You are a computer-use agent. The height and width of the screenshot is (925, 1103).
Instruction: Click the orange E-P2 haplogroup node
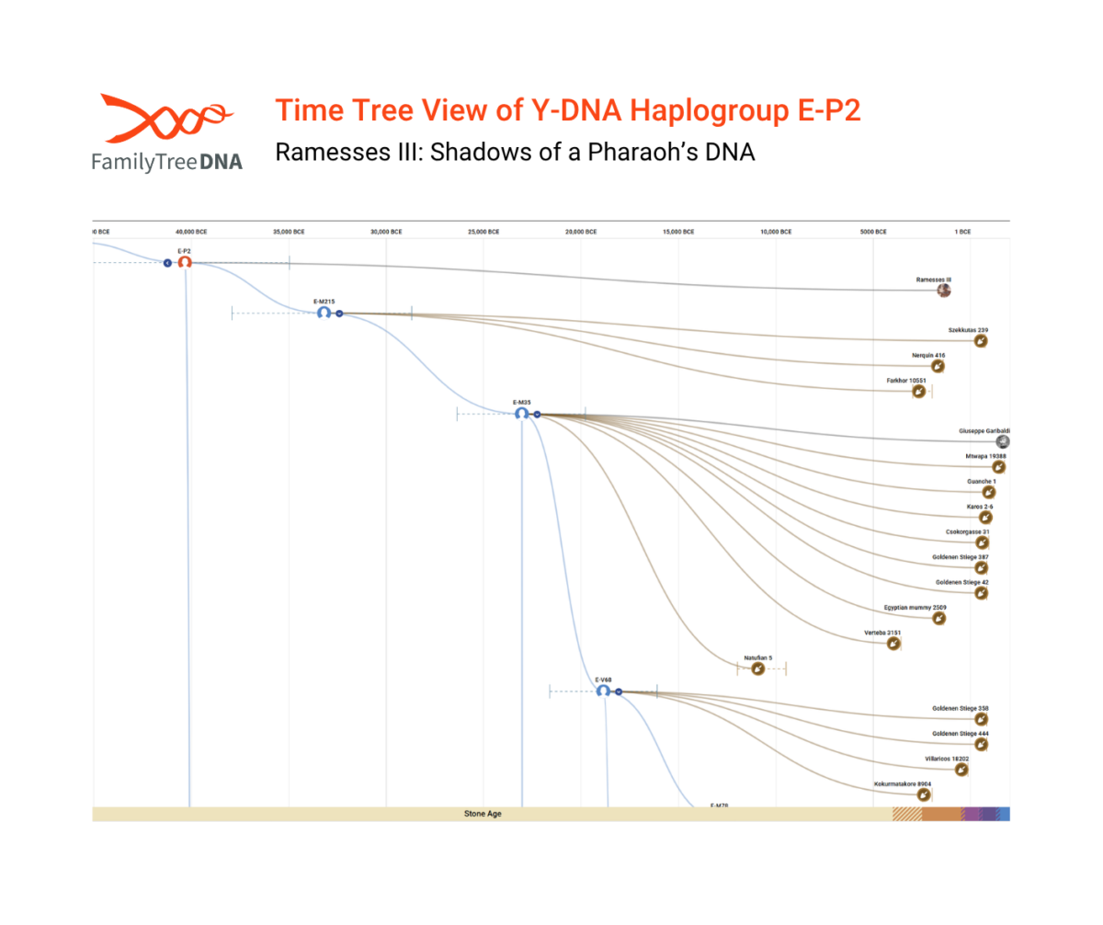tap(185, 263)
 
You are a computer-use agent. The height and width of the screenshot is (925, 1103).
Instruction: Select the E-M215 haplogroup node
tap(324, 313)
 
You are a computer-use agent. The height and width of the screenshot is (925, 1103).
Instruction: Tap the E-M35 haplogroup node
tap(521, 414)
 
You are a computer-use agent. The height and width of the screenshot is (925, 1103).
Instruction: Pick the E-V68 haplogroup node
tap(603, 691)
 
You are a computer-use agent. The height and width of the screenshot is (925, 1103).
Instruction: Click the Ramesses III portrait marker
tap(943, 291)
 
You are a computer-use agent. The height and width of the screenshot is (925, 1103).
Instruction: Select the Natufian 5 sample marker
tap(757, 669)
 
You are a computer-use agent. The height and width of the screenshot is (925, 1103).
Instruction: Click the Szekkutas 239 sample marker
tap(981, 341)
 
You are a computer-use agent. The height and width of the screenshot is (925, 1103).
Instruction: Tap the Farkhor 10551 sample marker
tap(918, 392)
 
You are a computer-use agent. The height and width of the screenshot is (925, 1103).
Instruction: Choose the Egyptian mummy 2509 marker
tap(938, 619)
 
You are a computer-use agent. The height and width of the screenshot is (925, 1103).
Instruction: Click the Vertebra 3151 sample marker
tap(893, 645)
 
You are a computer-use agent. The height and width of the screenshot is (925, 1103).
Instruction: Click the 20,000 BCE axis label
tap(581, 232)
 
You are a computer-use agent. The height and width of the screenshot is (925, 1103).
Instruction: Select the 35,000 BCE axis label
tap(289, 232)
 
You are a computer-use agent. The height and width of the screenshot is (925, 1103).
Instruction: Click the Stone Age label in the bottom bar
tap(483, 814)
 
